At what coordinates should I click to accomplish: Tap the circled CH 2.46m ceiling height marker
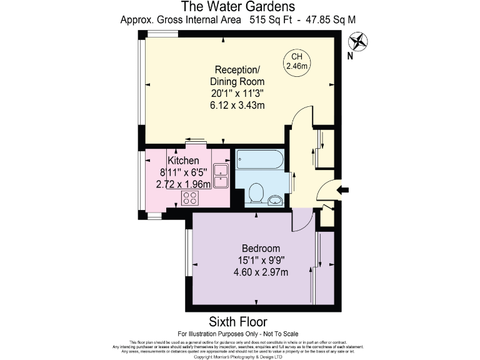click(298, 61)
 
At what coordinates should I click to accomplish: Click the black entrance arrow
click(343, 190)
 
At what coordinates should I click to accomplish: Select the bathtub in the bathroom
click(261, 161)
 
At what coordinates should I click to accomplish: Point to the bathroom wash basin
click(276, 200)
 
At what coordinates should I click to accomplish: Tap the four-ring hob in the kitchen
click(190, 198)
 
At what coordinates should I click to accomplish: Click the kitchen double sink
click(221, 176)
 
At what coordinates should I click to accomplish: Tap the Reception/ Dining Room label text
click(239, 75)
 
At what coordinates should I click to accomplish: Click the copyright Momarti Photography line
click(239, 357)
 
